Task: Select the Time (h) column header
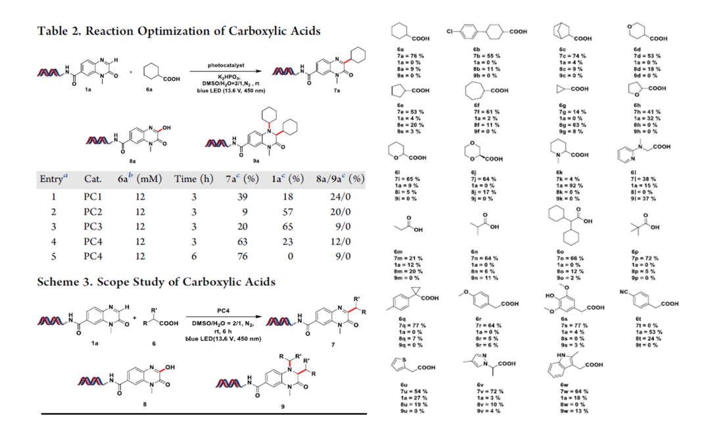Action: [x=194, y=179]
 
